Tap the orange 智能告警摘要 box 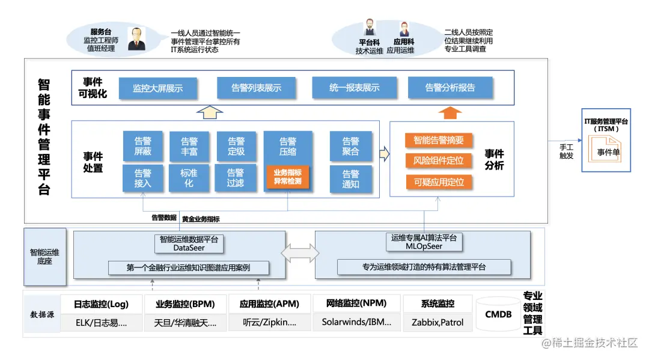[439, 141]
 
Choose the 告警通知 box [350, 179]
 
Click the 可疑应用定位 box [439, 182]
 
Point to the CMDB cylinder [498, 314]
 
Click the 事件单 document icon [608, 152]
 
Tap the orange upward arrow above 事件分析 [450, 112]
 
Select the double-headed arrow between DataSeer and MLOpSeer [300, 253]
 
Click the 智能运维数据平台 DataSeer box [189, 243]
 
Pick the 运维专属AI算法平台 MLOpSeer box [424, 242]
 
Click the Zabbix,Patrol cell [437, 322]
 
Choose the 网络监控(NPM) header [356, 304]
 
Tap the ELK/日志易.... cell [102, 322]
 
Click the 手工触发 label [566, 151]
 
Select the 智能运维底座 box [45, 257]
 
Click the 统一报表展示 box [354, 88]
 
